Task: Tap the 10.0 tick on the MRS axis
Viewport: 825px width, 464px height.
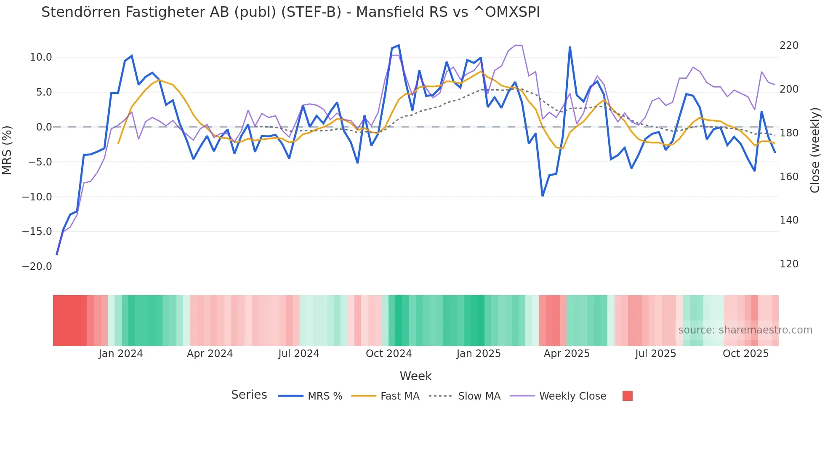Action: click(41, 57)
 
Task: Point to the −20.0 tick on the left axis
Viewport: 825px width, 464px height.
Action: click(37, 267)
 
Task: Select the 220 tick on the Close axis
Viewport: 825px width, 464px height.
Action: click(789, 45)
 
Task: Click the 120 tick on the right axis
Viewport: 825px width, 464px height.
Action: click(789, 264)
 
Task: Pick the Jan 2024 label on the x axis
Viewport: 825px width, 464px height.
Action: click(121, 354)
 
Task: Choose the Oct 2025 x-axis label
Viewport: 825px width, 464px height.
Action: click(745, 354)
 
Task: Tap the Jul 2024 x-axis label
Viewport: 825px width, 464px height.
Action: click(298, 354)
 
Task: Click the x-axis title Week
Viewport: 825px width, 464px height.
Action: click(415, 376)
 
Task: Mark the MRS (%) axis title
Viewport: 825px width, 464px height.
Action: click(7, 150)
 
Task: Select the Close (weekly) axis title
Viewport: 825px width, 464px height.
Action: click(815, 150)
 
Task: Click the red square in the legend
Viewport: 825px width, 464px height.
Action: click(627, 396)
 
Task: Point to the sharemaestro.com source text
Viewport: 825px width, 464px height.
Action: click(745, 330)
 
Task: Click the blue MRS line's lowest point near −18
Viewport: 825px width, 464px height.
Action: click(57, 254)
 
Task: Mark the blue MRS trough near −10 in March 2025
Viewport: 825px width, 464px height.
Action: click(543, 196)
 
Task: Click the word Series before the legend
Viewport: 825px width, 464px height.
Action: click(249, 395)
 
